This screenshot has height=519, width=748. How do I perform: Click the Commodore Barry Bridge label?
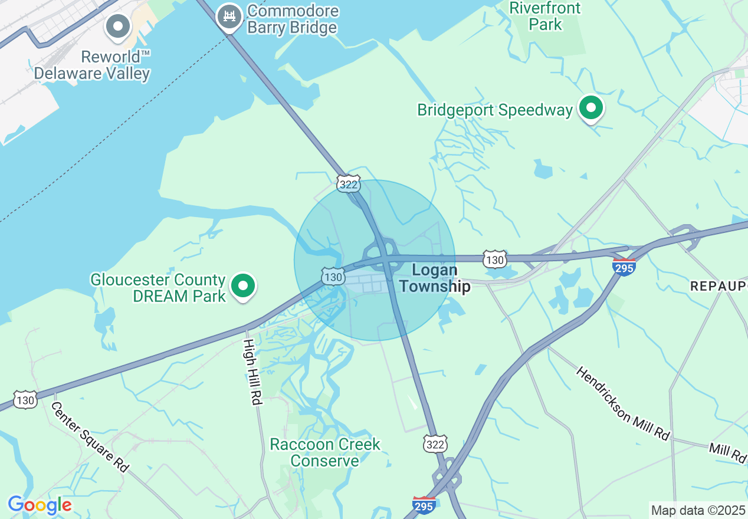click(x=293, y=19)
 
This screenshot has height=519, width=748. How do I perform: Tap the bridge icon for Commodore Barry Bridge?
click(x=229, y=16)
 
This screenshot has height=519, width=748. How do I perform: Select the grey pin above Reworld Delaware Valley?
click(x=118, y=26)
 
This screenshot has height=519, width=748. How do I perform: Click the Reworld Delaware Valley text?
click(x=92, y=65)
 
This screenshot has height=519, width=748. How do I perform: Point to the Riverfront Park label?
click(x=545, y=17)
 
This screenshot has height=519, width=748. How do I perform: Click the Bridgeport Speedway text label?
click(x=495, y=110)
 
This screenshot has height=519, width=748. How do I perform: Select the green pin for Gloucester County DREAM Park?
click(x=242, y=286)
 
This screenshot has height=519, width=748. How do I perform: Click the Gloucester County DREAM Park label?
click(x=158, y=287)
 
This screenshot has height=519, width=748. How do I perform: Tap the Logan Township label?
click(x=441, y=278)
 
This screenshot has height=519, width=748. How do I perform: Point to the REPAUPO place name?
click(x=718, y=286)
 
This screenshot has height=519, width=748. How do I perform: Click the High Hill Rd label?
click(x=252, y=372)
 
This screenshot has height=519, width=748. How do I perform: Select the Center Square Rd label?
click(x=90, y=436)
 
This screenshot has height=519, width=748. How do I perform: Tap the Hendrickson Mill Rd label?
click(x=623, y=403)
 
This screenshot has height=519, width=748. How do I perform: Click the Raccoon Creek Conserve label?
click(x=325, y=452)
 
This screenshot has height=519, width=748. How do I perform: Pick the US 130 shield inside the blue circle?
click(x=333, y=276)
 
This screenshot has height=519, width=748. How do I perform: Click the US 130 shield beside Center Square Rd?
click(x=26, y=400)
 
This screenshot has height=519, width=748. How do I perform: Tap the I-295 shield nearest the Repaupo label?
click(x=624, y=267)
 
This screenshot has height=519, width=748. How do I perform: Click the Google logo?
click(x=40, y=505)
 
